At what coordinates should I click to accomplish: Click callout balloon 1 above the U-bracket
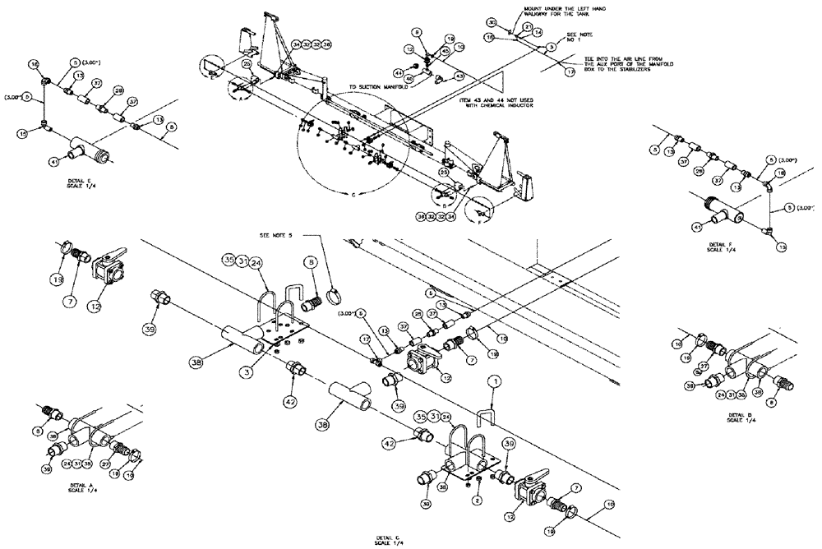[494, 381]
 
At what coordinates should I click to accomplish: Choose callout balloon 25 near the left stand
[247, 63]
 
